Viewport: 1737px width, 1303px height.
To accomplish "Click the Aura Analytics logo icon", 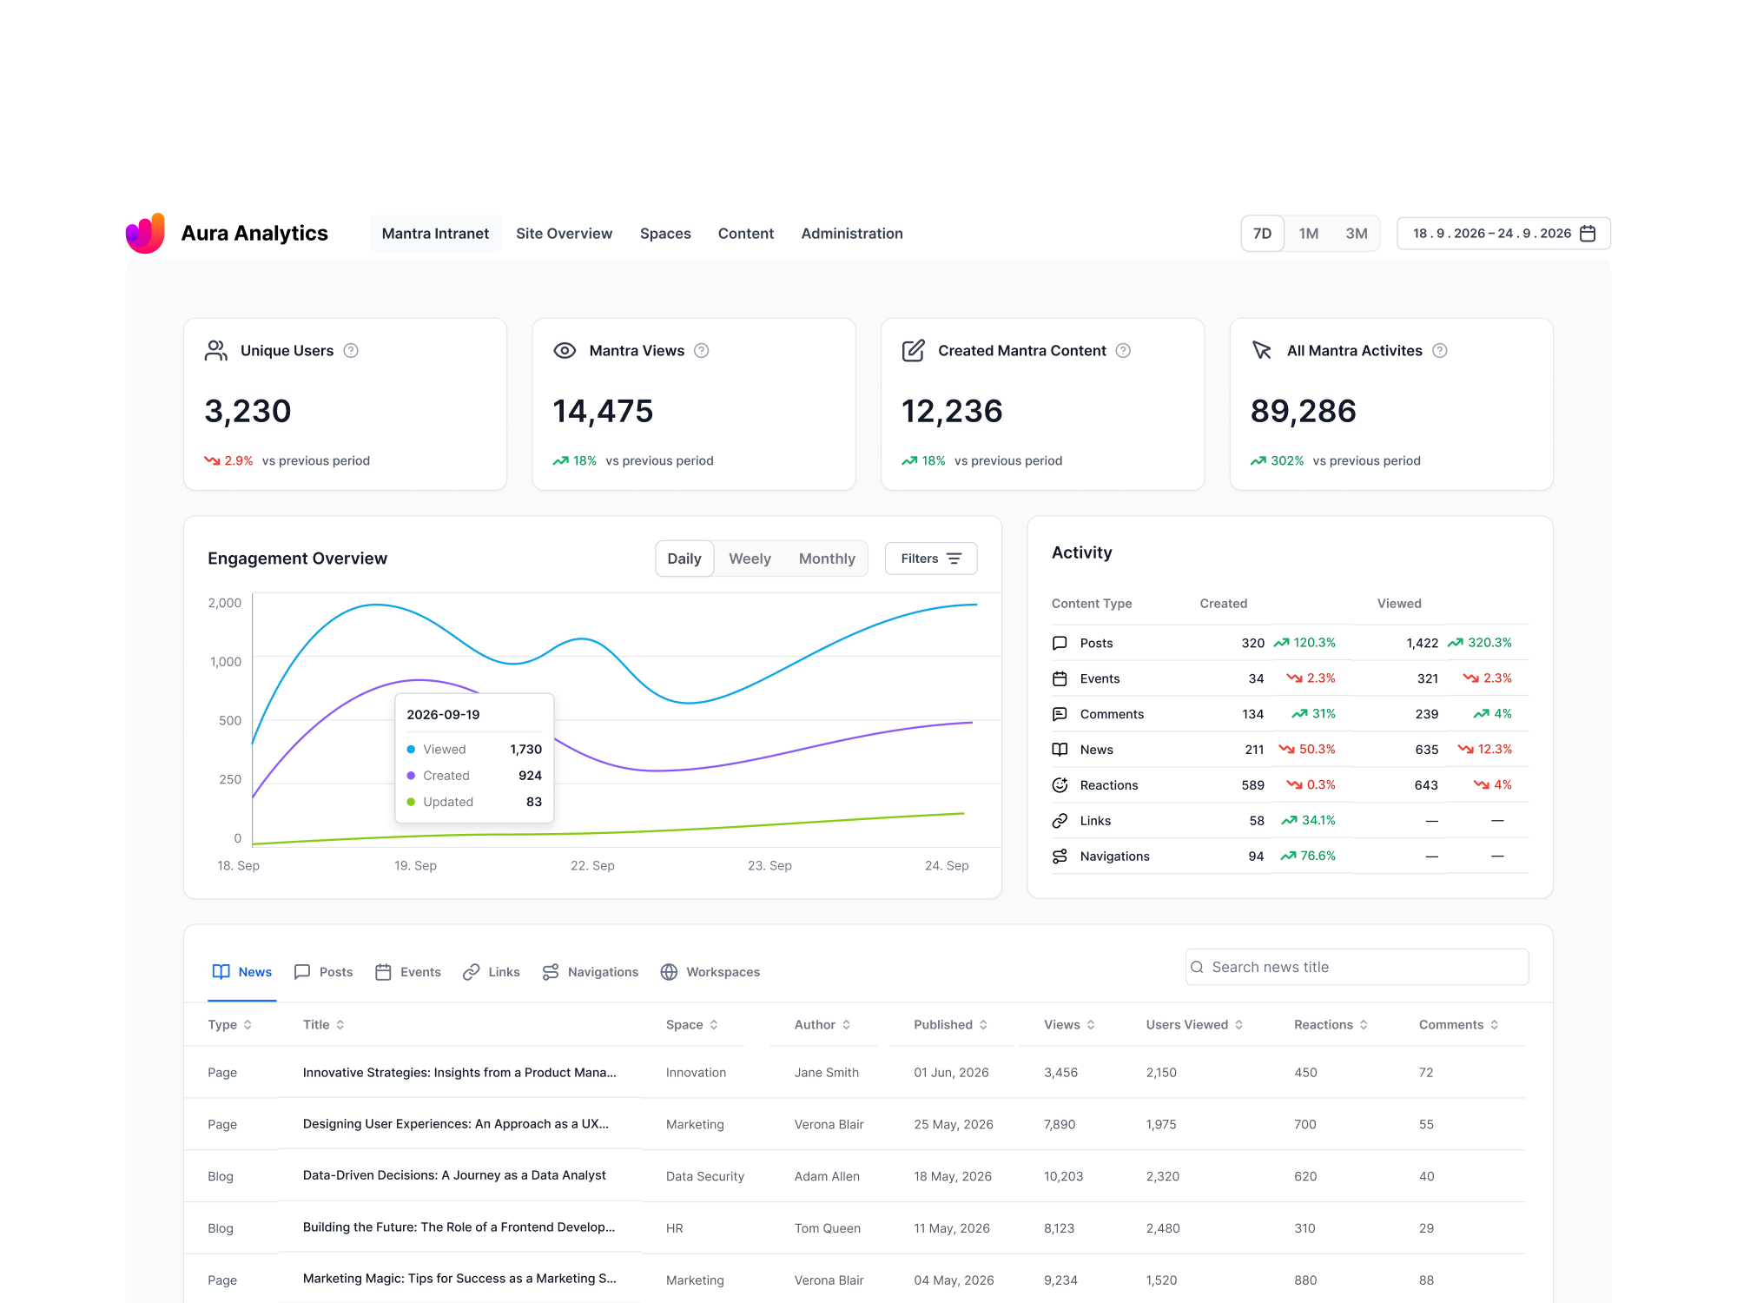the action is tap(145, 233).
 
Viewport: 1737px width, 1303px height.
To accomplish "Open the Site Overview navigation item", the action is tap(564, 234).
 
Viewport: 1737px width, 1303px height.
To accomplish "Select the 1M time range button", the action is tap(1308, 234).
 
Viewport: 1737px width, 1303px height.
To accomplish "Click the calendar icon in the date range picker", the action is tap(1588, 234).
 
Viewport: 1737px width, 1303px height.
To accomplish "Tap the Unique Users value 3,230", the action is tap(248, 411).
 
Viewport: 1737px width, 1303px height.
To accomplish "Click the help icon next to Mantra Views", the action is tap(702, 351).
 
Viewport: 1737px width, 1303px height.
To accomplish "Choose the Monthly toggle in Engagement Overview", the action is tap(827, 559).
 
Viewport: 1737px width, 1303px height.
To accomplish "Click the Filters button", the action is tap(931, 559).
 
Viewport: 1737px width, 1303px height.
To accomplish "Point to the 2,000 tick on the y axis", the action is tap(225, 603).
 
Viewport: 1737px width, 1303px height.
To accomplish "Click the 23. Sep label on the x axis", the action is tap(769, 866).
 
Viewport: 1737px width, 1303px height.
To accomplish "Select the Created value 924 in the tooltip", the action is tap(530, 776).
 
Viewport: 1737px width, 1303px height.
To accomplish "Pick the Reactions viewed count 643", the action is tap(1426, 785).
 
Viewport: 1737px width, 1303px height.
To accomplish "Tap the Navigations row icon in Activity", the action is tap(1060, 857).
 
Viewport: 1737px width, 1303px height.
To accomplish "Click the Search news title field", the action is tap(1357, 967).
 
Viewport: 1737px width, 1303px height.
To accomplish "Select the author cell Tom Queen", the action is tap(828, 1228).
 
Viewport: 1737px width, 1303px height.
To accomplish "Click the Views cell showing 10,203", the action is tap(1063, 1176).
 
